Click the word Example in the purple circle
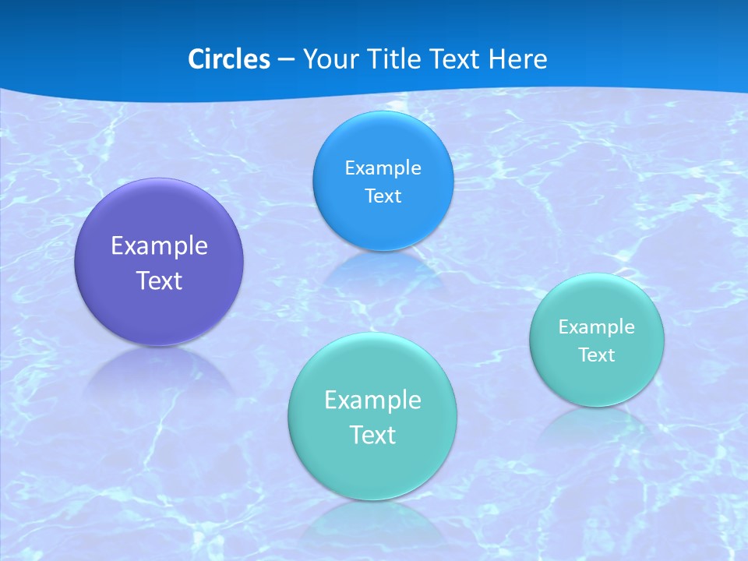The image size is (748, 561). pyautogui.click(x=159, y=246)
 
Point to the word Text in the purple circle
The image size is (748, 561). pyautogui.click(x=159, y=280)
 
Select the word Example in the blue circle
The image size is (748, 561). pyautogui.click(x=383, y=168)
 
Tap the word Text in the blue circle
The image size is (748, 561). pyautogui.click(x=383, y=196)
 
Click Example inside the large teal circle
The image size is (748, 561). pyautogui.click(x=372, y=400)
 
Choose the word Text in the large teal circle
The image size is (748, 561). pyautogui.click(x=372, y=435)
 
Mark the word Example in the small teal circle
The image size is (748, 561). pyautogui.click(x=597, y=327)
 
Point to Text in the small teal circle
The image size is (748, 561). pyautogui.click(x=597, y=355)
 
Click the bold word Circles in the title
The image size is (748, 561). pyautogui.click(x=228, y=59)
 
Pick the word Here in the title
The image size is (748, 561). pyautogui.click(x=517, y=59)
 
